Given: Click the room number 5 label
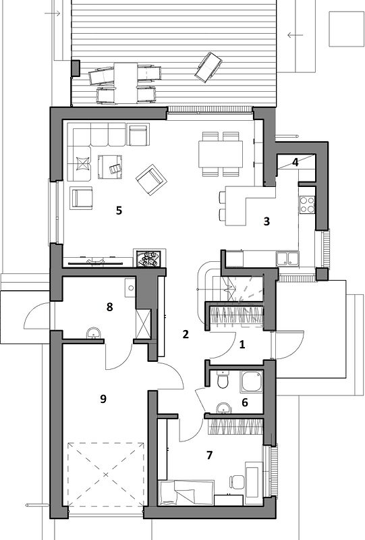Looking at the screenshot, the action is pos(119,210).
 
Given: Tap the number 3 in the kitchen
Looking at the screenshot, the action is pos(266,221).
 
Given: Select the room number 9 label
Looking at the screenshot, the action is pos(103,399).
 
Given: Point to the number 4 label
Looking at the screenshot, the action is pos(295,162).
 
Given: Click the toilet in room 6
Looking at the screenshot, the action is pos(223,379).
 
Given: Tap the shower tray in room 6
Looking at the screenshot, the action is pos(252,381).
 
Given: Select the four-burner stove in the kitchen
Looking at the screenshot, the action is pos(307,205).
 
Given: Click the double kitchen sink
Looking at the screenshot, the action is pos(287,259).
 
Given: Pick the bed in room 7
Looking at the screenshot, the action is pos(186,493).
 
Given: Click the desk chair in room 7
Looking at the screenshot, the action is pos(237,482).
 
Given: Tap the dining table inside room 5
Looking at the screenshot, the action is pos(221,154).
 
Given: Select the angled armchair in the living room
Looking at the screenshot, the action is pos(151,180).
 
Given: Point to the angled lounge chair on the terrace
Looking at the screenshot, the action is pos(208,67).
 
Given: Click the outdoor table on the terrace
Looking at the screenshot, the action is pos(125,83).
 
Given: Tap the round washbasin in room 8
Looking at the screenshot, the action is pos(94,333).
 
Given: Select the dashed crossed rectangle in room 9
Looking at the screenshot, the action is pos(106,475).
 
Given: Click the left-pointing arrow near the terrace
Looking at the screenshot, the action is pos(295,35).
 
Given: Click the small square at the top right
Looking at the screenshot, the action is pos(346,29).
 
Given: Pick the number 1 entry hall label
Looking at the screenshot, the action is pos(242,344).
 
